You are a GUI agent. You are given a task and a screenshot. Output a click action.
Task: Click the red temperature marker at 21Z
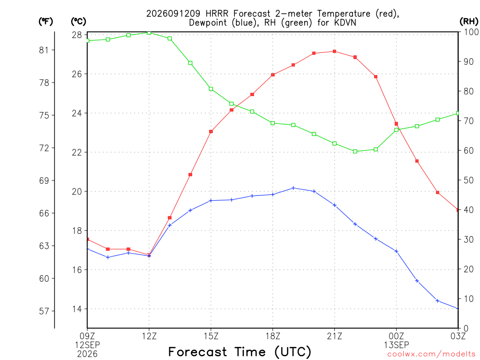[x=335, y=52]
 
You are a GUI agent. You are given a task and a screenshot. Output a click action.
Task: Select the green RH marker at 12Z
[x=149, y=33]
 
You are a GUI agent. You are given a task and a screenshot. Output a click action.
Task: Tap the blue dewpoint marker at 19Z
[x=293, y=188]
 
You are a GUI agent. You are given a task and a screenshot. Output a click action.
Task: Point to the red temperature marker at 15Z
[x=211, y=132]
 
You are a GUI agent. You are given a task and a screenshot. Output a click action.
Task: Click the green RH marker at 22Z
[x=355, y=151]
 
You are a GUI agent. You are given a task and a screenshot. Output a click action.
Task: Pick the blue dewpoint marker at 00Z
[x=396, y=251]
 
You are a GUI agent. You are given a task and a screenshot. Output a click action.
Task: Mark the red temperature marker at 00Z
[x=396, y=124]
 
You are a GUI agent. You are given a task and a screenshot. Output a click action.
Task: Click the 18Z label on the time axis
[x=273, y=336]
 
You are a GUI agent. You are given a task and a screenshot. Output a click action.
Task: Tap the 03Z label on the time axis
[x=458, y=336]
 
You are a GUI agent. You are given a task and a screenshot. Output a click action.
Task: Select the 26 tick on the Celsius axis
[x=77, y=74]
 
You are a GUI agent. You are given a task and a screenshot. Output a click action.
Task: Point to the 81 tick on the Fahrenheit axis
[x=44, y=50]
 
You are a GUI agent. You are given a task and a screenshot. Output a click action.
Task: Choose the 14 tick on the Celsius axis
[x=77, y=309]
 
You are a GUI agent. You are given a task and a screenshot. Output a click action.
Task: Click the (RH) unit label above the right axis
[x=469, y=22]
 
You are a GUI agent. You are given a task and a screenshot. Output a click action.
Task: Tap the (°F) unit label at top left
[x=45, y=22]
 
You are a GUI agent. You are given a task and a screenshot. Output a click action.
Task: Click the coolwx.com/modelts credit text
[x=431, y=354]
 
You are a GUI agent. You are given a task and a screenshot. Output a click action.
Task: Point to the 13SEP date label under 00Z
[x=397, y=345]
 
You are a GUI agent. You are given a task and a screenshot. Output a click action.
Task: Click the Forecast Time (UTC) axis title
[x=240, y=352]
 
